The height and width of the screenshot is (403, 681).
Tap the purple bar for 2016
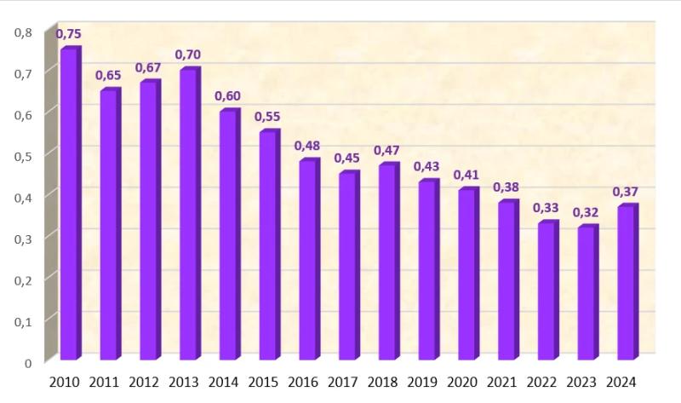pos(307,260)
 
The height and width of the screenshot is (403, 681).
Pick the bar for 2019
pos(426,270)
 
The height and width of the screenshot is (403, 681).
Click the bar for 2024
pos(625,283)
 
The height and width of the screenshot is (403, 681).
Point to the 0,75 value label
pos(68,34)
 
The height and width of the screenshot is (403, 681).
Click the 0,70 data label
pos(187,55)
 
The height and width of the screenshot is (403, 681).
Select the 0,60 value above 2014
pos(227,95)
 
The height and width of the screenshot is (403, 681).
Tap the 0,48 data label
pos(306,146)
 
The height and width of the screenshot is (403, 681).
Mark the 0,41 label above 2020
pos(466,175)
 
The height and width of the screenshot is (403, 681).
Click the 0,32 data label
pos(585,212)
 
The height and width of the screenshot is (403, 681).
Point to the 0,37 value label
pos(625,192)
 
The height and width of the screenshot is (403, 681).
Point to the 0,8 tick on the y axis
pos(23,33)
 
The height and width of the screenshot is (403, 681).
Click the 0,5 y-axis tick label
pos(23,157)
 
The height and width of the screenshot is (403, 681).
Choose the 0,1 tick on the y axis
pos(23,321)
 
